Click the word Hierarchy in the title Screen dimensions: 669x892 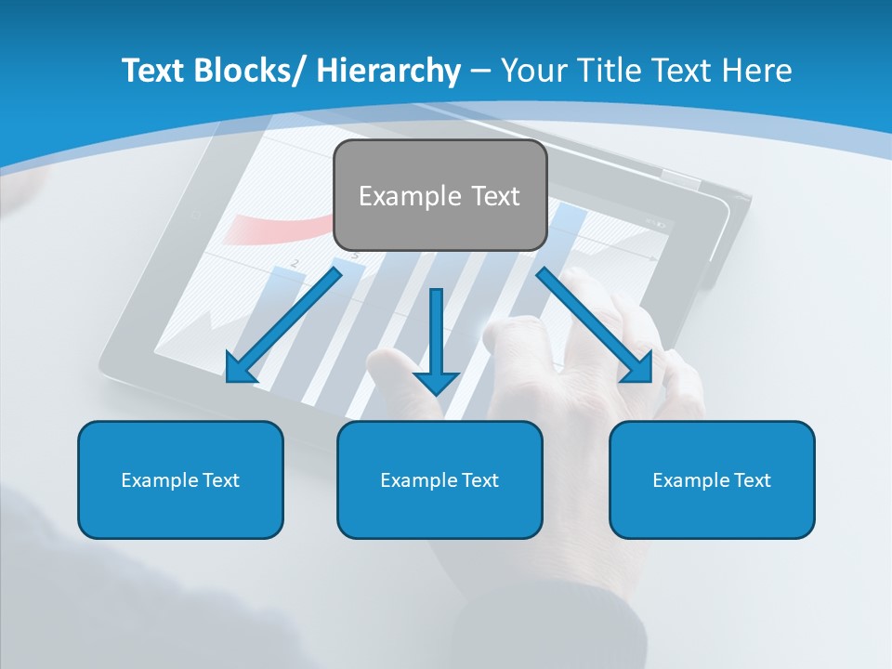(x=388, y=71)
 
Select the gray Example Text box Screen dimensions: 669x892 (x=439, y=195)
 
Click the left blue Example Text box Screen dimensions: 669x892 (x=180, y=479)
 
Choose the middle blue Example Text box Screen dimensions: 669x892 (x=439, y=479)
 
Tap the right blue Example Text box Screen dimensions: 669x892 (x=712, y=479)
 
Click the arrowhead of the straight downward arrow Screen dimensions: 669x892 (x=436, y=382)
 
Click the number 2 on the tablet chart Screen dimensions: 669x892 (x=295, y=264)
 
